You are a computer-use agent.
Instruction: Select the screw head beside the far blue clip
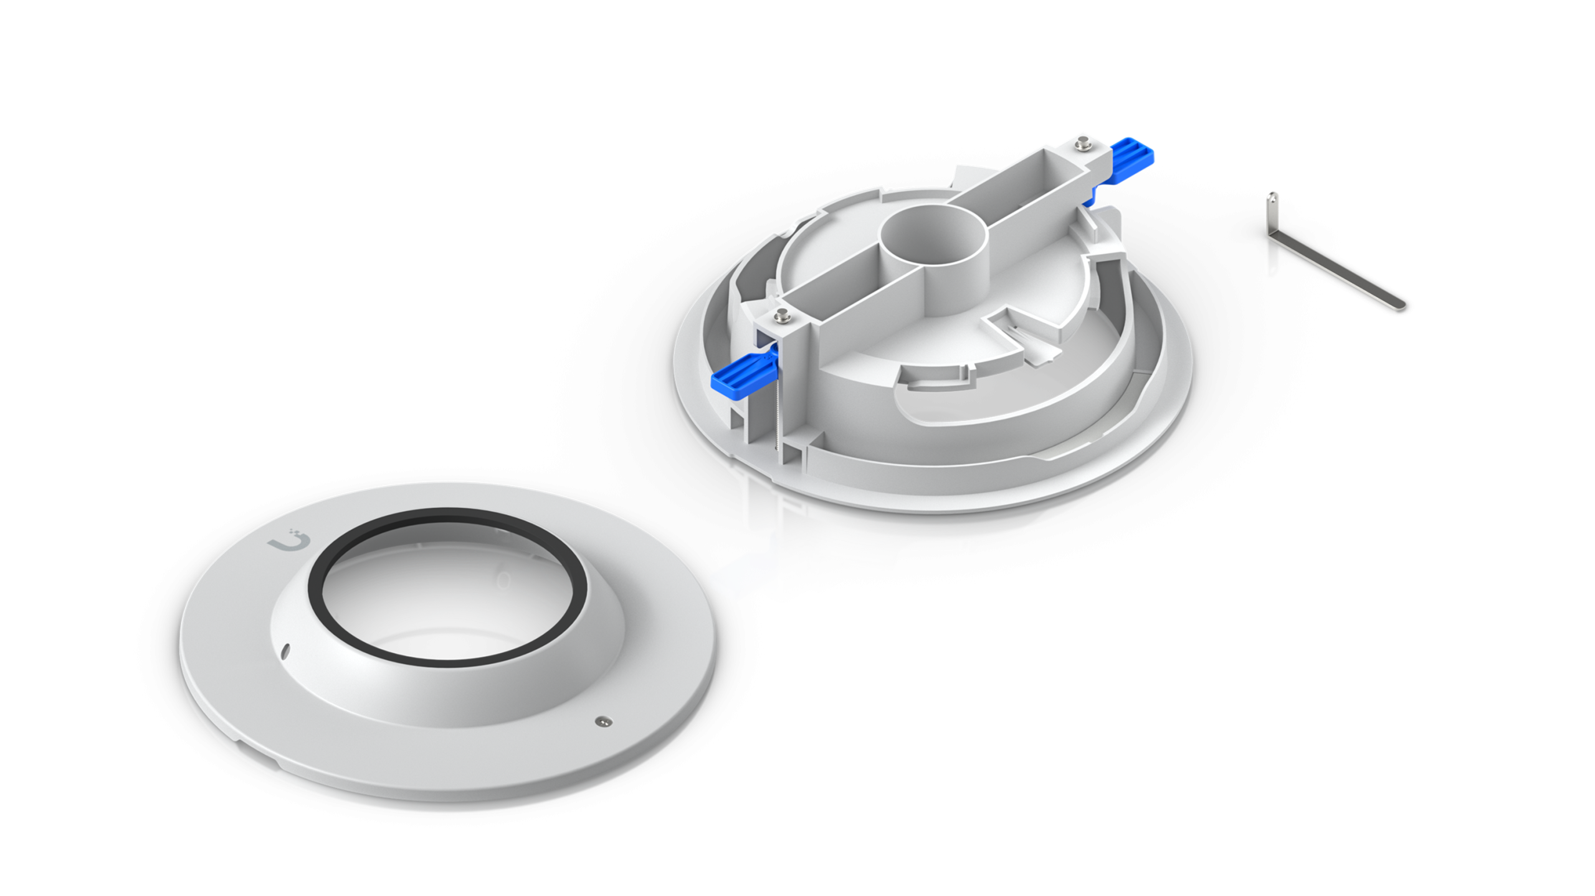tap(1082, 142)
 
